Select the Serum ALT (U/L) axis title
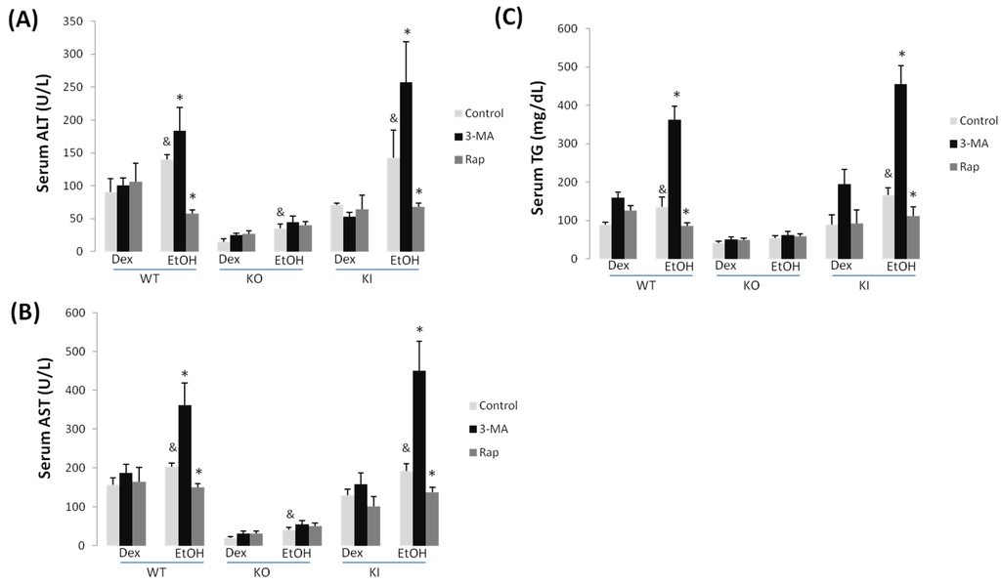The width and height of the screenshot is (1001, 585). pyautogui.click(x=44, y=138)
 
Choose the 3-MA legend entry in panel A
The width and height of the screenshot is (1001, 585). pyautogui.click(x=485, y=136)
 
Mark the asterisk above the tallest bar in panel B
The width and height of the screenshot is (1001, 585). pyautogui.click(x=418, y=330)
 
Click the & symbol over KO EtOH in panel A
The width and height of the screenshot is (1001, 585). pyautogui.click(x=280, y=212)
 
